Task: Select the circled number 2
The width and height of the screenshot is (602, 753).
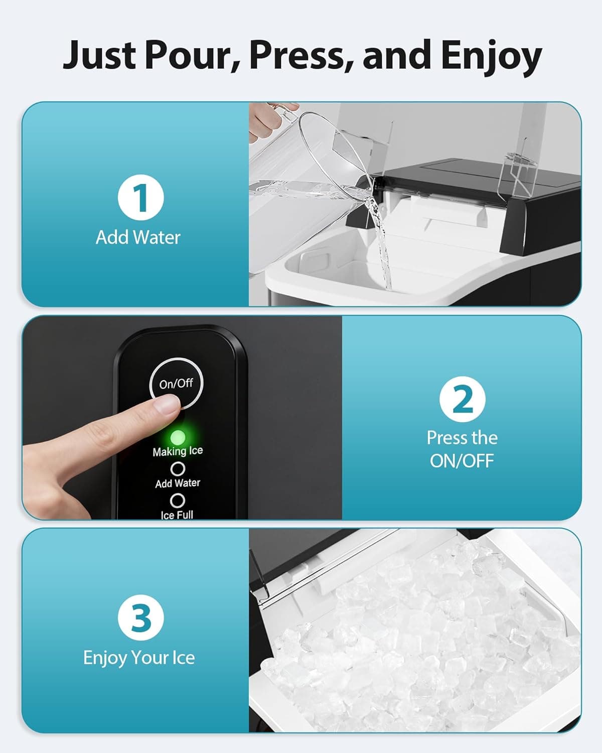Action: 462,399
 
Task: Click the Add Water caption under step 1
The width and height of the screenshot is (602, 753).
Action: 138,237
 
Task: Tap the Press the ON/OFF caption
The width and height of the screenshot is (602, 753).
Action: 462,449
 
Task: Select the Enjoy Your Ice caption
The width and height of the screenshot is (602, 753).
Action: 139,657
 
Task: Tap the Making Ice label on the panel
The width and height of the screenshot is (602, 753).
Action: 178,451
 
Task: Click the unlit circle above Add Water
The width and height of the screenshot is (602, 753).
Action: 178,468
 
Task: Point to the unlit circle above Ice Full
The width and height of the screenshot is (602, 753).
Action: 177,500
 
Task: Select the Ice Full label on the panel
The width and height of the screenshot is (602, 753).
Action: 177,515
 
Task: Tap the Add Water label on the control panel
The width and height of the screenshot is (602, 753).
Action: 178,483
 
